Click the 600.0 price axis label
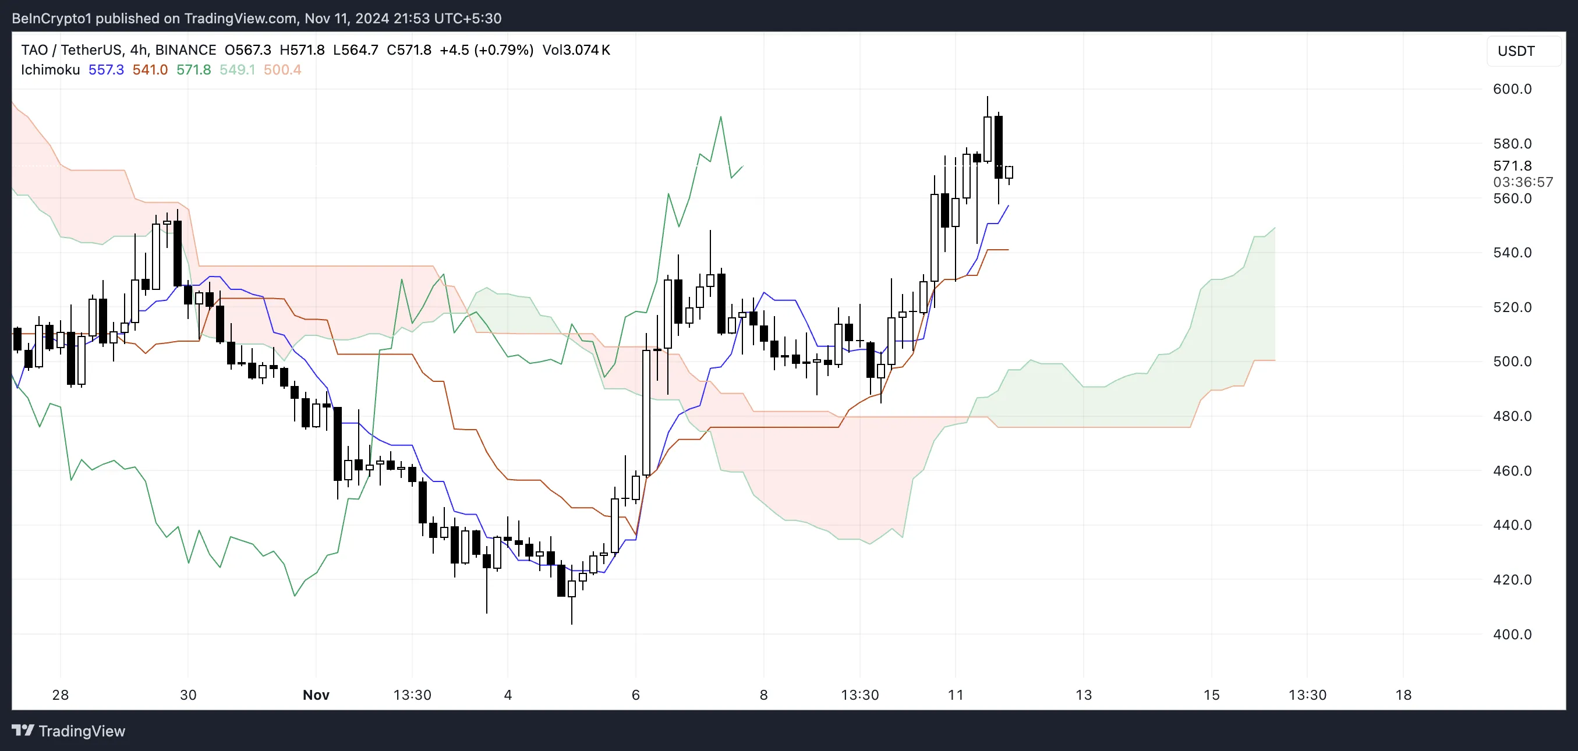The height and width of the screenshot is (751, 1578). coord(1512,89)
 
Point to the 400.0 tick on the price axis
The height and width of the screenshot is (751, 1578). coord(1512,634)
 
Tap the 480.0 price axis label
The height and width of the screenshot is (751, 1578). coord(1512,416)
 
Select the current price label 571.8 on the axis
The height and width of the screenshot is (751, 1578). coord(1512,165)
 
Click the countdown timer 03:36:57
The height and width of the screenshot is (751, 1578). coord(1522,182)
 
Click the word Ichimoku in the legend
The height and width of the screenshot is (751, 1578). coord(50,70)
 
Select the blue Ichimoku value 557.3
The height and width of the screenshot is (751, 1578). coord(106,70)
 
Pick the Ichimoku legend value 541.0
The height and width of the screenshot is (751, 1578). coord(150,70)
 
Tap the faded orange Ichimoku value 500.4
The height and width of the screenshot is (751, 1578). coord(282,70)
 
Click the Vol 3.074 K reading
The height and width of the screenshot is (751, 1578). coord(576,50)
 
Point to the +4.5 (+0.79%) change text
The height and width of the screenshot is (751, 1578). coord(486,50)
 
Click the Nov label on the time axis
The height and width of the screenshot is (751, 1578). coord(316,695)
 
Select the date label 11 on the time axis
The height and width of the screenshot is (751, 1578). coord(955,695)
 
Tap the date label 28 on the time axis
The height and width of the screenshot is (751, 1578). coord(60,695)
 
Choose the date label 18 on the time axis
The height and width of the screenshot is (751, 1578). coord(1403,695)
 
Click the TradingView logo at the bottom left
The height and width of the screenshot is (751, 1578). coord(69,731)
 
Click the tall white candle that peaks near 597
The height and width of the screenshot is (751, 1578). coord(987,139)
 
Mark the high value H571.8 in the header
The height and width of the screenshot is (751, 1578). coord(302,50)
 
